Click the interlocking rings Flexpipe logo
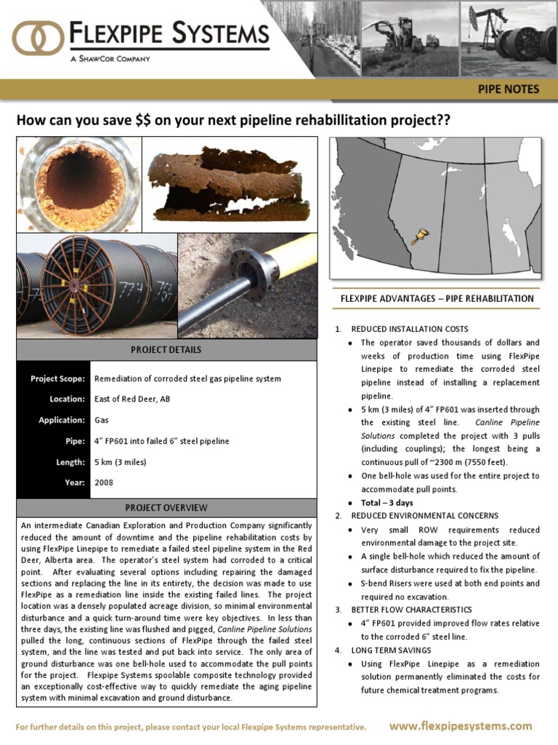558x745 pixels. tap(38, 39)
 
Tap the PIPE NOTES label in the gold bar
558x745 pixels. tap(508, 89)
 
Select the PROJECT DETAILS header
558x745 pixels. tap(166, 350)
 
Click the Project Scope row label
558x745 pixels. tap(57, 379)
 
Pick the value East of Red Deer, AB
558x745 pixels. tap(132, 399)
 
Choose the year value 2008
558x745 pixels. tap(104, 482)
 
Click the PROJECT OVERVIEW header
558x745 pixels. tap(166, 508)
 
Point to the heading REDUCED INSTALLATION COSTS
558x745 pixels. tap(409, 329)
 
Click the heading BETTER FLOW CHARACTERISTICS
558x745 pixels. tap(411, 610)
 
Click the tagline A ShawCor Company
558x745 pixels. tap(110, 59)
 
